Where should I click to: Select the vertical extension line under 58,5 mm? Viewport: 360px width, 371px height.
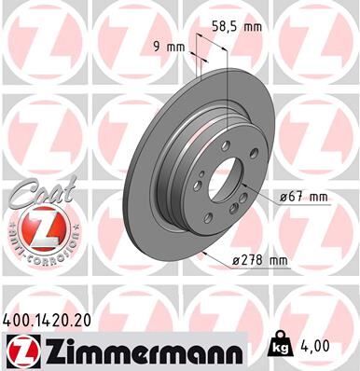(x=228, y=84)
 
